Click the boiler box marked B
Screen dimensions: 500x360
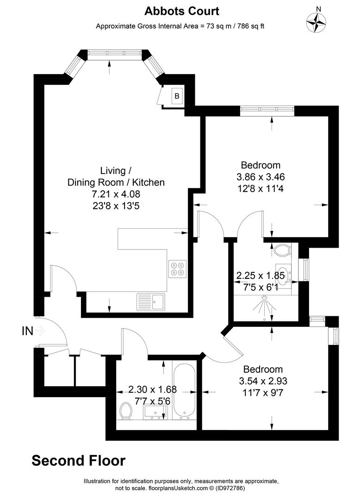[x=176, y=96]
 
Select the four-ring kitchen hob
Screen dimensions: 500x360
[x=176, y=269]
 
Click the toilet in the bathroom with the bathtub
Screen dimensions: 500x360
[x=125, y=411]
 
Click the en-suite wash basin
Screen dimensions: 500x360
[x=283, y=273]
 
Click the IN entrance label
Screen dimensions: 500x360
[x=28, y=331]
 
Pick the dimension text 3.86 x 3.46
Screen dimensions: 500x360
[x=261, y=176]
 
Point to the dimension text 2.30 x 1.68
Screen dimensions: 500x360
[x=152, y=389]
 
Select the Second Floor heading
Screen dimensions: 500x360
[x=78, y=461]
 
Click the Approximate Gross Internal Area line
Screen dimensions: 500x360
[x=180, y=26]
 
